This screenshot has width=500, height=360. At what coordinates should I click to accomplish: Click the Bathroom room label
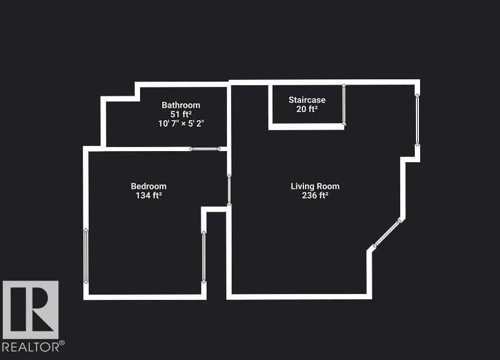181,105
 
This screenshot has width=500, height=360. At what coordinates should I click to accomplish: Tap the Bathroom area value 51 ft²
181,114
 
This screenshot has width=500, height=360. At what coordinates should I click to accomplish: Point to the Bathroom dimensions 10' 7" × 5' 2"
181,124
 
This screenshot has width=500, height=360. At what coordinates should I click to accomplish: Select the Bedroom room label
148,186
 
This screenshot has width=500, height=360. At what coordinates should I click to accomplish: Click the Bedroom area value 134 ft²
148,196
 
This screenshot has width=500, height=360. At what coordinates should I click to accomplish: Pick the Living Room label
315,186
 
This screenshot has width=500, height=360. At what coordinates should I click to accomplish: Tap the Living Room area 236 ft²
315,196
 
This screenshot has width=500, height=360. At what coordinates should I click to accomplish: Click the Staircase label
307,100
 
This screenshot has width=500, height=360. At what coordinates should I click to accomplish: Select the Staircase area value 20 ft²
307,109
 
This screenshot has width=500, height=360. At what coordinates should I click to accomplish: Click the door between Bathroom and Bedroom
205,149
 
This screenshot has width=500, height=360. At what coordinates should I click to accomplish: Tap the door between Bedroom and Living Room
229,190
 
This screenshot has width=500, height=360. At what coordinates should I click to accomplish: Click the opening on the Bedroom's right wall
204,257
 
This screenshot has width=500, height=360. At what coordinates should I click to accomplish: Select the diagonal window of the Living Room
387,233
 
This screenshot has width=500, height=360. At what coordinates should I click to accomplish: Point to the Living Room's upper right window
417,120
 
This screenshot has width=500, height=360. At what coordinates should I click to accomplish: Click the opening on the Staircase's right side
344,104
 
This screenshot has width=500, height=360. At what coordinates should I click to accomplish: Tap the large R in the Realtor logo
30,309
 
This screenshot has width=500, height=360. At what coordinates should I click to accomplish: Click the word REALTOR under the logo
30,347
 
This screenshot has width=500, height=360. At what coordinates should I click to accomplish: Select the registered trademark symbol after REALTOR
62,344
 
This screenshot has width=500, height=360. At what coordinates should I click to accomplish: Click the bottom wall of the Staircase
306,126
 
